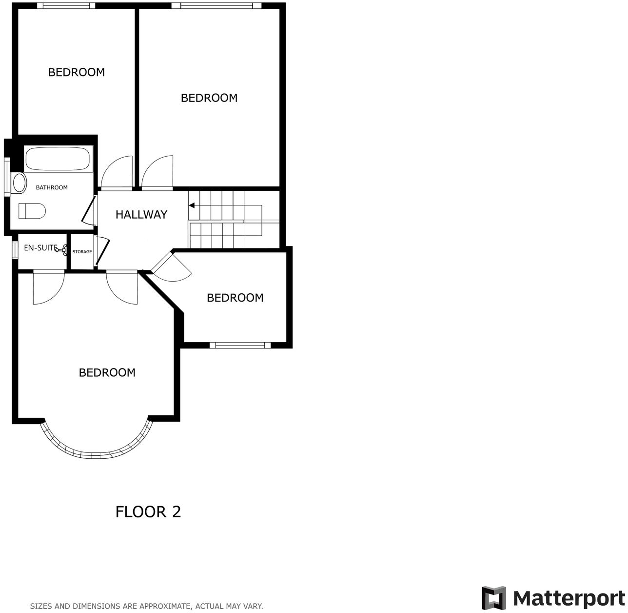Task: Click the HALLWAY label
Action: [x=141, y=215]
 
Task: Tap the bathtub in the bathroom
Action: [x=57, y=159]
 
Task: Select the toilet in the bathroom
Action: [x=32, y=211]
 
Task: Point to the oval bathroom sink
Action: [x=20, y=183]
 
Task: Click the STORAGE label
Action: [x=82, y=252]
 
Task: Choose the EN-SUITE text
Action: [x=40, y=248]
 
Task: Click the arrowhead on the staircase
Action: [x=192, y=205]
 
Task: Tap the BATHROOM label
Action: [x=52, y=187]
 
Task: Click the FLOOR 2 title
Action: [x=148, y=511]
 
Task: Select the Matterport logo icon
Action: [x=494, y=598]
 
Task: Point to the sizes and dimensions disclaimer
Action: [x=146, y=606]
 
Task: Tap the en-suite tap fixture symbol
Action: [x=62, y=250]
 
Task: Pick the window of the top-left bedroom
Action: [x=66, y=6]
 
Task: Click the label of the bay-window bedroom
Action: [x=107, y=373]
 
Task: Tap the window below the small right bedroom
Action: [x=240, y=346]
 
